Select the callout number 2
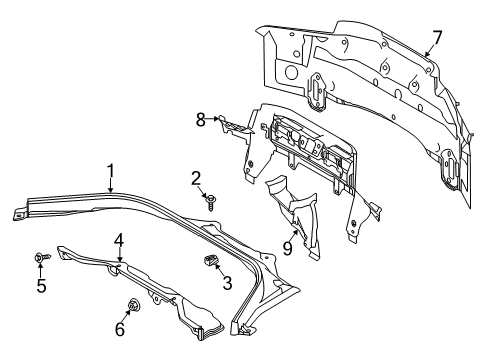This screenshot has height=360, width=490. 197,178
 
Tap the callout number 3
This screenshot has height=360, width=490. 227,283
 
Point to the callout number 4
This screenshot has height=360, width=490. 118,240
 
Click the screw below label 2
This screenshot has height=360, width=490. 212,200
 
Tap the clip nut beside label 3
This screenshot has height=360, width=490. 211,262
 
